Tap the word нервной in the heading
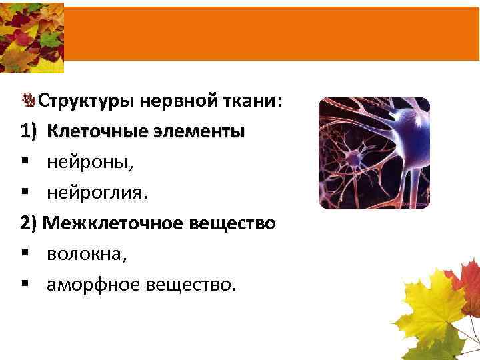pyautogui.click(x=171, y=101)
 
